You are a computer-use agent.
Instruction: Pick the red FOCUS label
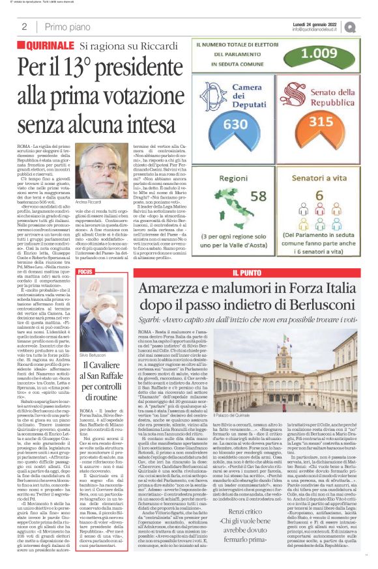tap(85, 271)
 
